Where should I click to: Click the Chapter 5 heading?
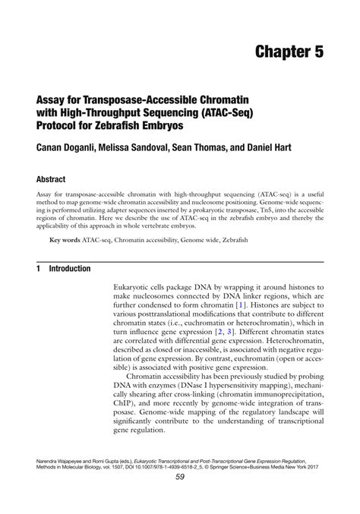[289, 52]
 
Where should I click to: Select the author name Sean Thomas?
[223, 147]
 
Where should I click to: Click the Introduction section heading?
[70, 269]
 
